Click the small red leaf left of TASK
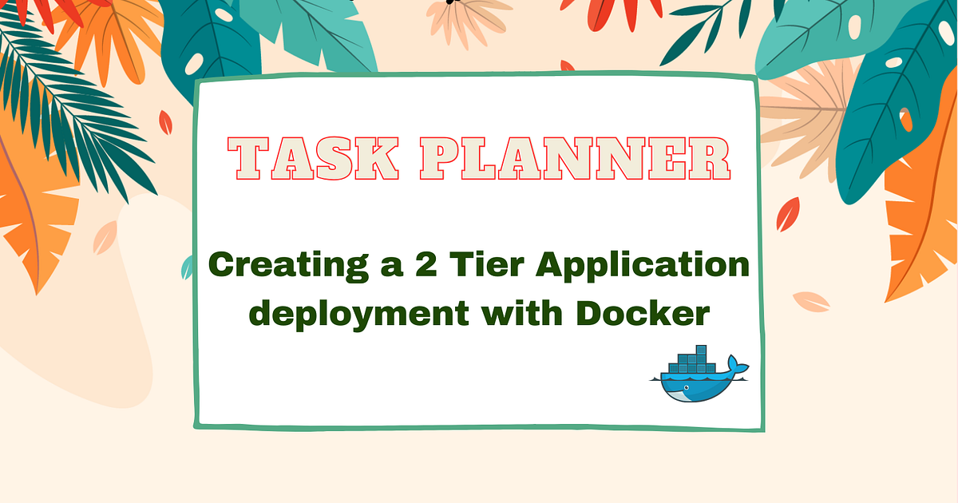click(165, 121)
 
